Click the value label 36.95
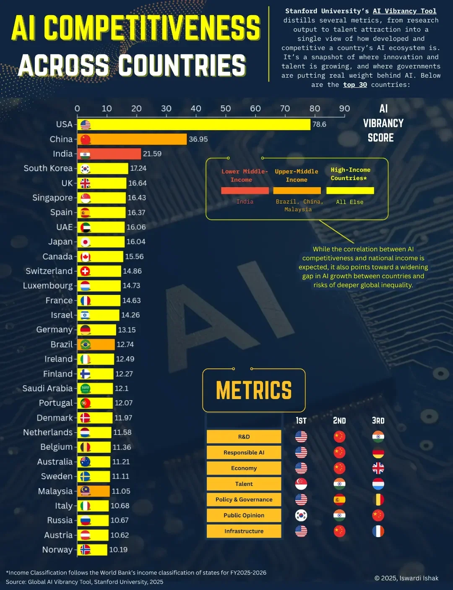click(198, 139)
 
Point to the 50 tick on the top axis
click(226, 109)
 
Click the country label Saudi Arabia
click(47, 389)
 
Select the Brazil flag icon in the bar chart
click(86, 345)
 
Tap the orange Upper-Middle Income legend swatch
click(297, 191)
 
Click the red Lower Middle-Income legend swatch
click(245, 191)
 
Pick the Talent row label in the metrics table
click(244, 484)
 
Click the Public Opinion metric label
click(244, 515)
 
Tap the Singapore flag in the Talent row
click(301, 484)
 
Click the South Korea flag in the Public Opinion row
click(301, 515)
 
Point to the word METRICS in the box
click(254, 391)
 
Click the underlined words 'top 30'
click(355, 85)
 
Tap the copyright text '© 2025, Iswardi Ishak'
click(406, 578)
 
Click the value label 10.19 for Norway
click(118, 550)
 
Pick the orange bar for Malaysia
click(99, 491)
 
